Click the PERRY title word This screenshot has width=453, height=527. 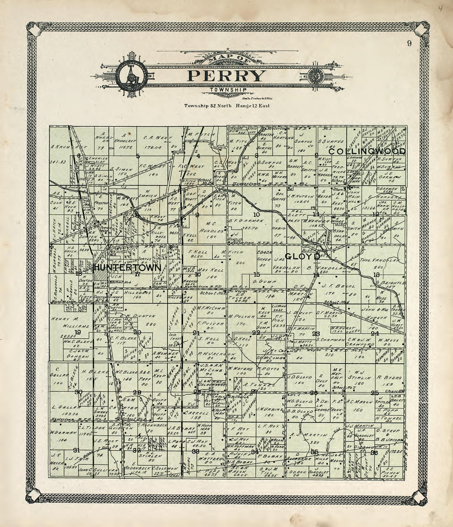coord(226,76)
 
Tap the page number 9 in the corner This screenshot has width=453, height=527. coord(409,44)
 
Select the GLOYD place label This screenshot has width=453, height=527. coord(303,256)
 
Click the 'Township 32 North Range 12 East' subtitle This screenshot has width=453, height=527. coord(226,106)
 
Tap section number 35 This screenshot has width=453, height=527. coord(315,452)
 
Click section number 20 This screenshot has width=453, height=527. coord(137,332)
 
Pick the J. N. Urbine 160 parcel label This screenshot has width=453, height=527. coord(270,410)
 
